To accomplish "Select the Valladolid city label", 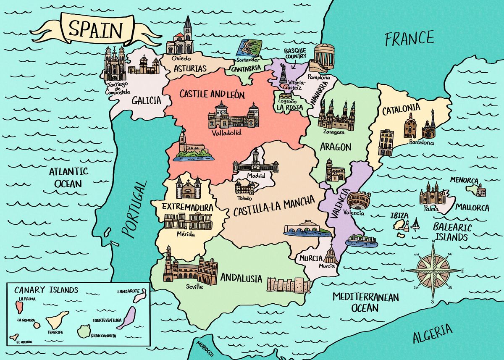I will [x=227, y=133].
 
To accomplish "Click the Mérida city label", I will [x=185, y=234].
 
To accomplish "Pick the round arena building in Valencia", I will [x=359, y=200].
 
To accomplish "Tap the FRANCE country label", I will [x=409, y=39].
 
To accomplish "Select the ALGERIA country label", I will [x=433, y=333].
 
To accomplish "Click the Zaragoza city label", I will [x=333, y=131].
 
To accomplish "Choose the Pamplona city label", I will [x=319, y=78].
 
